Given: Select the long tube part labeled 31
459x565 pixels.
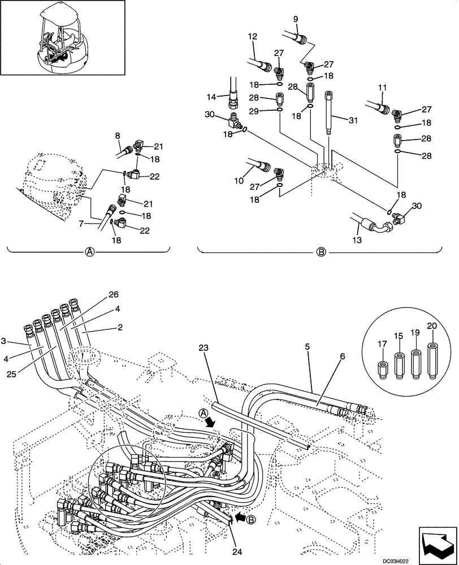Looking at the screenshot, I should click(x=329, y=113).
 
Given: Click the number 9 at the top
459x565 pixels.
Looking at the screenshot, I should click(x=295, y=20).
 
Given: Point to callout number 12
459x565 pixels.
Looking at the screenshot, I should click(x=252, y=37).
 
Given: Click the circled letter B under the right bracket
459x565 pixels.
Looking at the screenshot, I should click(x=321, y=253).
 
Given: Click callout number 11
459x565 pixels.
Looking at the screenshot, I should click(x=382, y=88).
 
